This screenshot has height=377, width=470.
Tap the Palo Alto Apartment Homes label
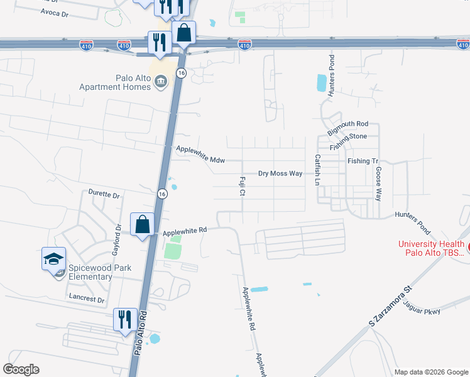click(115, 82)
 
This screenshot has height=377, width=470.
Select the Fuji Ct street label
click(242, 185)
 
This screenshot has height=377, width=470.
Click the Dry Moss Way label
click(280, 173)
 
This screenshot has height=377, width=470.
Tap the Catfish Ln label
click(317, 170)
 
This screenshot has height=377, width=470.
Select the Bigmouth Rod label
click(347, 124)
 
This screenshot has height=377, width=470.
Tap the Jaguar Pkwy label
click(423, 310)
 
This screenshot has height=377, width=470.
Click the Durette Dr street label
click(104, 194)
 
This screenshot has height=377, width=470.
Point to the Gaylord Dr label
click(117, 239)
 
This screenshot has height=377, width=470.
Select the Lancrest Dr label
click(87, 300)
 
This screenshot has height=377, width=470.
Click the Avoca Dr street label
click(53, 12)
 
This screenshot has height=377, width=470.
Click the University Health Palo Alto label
click(431, 249)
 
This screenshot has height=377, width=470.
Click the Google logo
click(21, 369)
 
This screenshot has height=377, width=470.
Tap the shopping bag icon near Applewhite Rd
click(143, 224)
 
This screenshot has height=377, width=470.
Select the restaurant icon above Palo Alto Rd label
click(124, 319)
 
